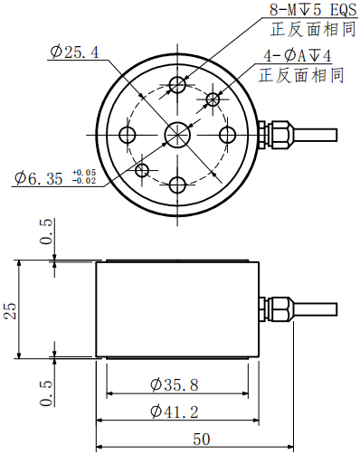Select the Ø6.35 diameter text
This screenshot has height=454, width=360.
point(40,178)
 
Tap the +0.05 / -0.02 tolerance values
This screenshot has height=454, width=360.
point(83,176)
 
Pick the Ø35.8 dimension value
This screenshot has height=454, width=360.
point(174,384)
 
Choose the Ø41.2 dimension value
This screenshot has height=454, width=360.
point(174,412)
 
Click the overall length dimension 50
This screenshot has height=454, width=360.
point(201,440)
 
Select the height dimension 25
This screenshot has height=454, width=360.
point(11,310)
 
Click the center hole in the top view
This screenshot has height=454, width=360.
point(176,135)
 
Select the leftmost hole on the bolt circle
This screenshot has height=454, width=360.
point(128,135)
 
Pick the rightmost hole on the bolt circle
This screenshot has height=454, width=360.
point(227,135)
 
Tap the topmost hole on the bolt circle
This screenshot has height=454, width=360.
point(178,85)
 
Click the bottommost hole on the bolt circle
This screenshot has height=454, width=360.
point(177,185)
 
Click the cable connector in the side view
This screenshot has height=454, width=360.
point(279,310)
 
